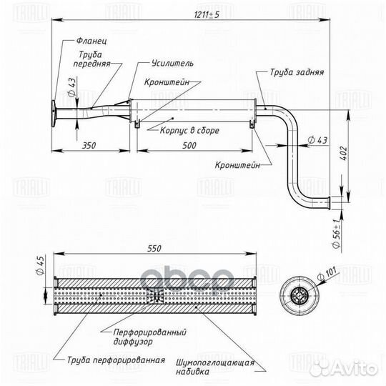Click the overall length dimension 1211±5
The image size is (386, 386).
pos(207,15)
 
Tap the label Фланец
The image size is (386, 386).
pos(91,41)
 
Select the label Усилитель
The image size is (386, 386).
pos(172,64)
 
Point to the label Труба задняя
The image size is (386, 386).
pos(297,72)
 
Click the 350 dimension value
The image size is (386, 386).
pos(89,145)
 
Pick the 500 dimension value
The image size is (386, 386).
pos(189,145)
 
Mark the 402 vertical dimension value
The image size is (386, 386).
pos(343,153)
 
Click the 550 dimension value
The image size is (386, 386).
pos(154,248)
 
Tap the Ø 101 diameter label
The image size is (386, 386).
pos(327,273)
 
